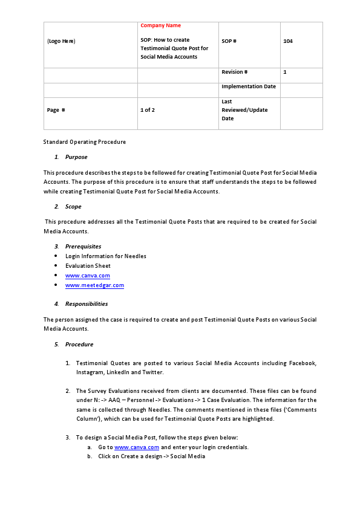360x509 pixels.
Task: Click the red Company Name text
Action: [x=160, y=25]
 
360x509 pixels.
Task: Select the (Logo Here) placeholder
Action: [x=61, y=41]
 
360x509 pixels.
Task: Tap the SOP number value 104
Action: [x=288, y=41]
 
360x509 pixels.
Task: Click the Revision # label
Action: [x=235, y=72]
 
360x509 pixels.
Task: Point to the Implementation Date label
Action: [x=249, y=86]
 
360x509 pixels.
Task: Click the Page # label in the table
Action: [x=56, y=110]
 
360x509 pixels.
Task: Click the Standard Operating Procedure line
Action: [x=85, y=142]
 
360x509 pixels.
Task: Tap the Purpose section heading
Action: [x=76, y=157]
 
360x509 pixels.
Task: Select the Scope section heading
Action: [x=73, y=207]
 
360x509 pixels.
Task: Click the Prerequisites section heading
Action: [x=83, y=247]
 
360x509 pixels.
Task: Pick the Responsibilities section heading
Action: [x=87, y=304]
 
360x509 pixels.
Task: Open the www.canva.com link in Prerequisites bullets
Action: [x=88, y=276]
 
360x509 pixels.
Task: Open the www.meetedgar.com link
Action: [x=94, y=285]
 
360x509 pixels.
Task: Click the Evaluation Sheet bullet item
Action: [x=88, y=266]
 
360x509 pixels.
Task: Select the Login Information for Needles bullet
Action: [x=106, y=256]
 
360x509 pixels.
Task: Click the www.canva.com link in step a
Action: [x=137, y=447]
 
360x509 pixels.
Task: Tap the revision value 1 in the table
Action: [x=285, y=72]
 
